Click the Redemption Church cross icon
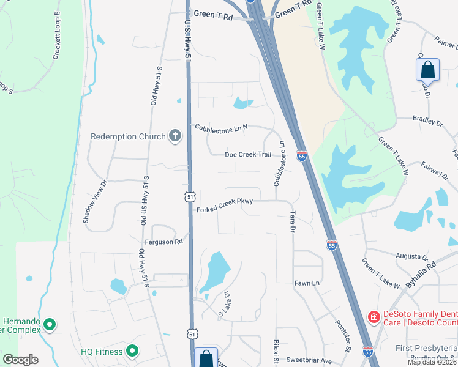pyautogui.click(x=176, y=136)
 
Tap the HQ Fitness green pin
pyautogui.click(x=132, y=351)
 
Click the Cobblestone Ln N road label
pyautogui.click(x=220, y=128)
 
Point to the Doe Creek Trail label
pyautogui.click(x=248, y=154)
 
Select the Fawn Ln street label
pyautogui.click(x=307, y=283)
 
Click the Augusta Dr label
pyautogui.click(x=410, y=257)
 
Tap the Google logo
pyautogui.click(x=20, y=360)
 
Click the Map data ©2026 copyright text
pyautogui.click(x=431, y=362)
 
